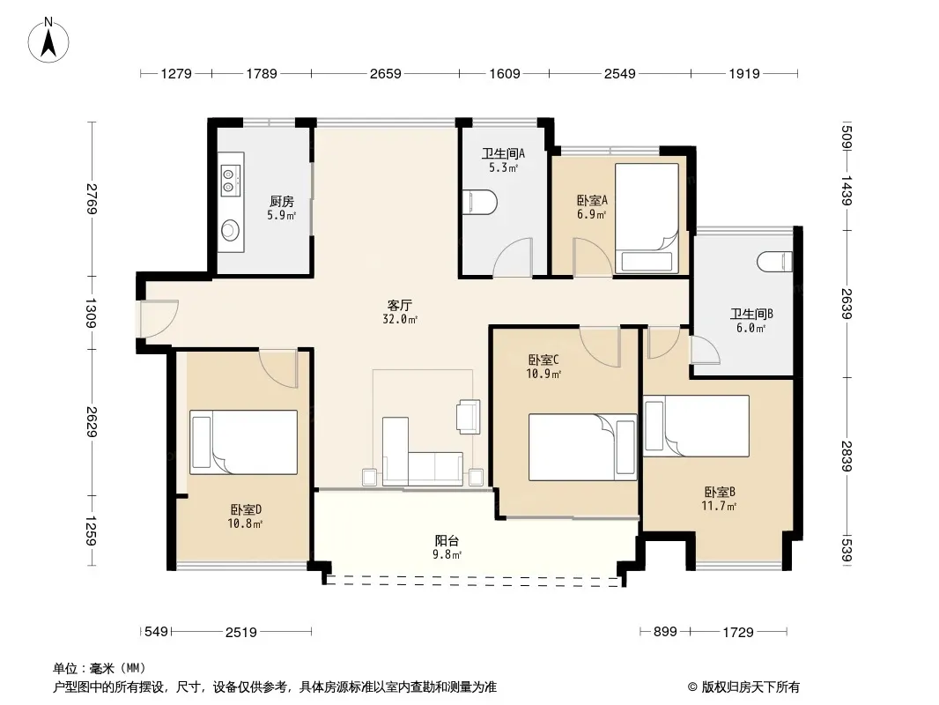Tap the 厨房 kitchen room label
click(x=282, y=201)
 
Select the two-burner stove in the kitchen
click(x=227, y=181)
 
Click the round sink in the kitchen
click(x=230, y=229)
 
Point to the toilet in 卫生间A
click(x=480, y=202)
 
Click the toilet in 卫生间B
click(x=775, y=263)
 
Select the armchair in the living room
click(x=469, y=416)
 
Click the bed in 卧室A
click(x=647, y=218)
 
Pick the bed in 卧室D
click(x=244, y=442)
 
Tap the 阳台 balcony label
click(x=447, y=541)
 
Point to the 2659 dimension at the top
click(x=386, y=74)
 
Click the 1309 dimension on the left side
click(x=91, y=313)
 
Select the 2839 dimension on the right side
click(x=847, y=456)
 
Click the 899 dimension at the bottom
click(x=665, y=631)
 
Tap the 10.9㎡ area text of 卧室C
click(x=543, y=374)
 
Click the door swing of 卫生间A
click(x=514, y=257)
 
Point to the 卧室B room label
click(x=719, y=493)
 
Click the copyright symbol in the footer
click(x=693, y=687)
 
